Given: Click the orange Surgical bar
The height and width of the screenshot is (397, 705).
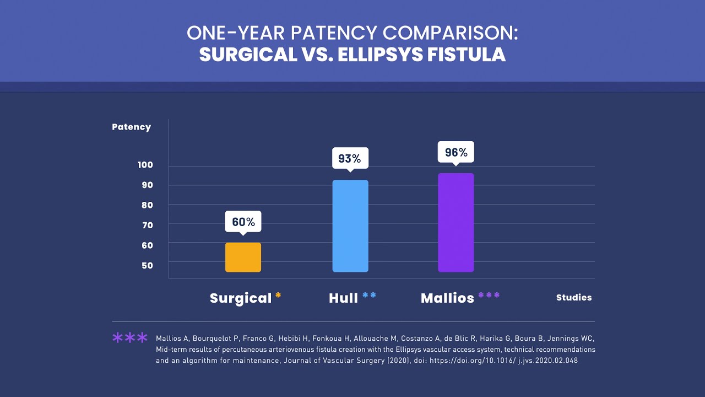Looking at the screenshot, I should pos(243,257).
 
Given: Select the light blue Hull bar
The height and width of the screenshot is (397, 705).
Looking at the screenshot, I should pos(350,226).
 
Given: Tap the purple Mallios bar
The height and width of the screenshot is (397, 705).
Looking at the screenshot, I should pos(455,223).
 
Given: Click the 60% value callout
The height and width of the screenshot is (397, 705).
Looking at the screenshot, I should pos(243,222).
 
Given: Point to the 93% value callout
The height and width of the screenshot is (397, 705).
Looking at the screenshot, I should pos(350,158).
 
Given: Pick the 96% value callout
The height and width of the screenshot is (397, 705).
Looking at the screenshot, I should pos(455,152).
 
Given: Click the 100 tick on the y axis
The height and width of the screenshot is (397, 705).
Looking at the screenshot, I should pos(145,165).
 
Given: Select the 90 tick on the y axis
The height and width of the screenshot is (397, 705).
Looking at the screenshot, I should pos(147,185).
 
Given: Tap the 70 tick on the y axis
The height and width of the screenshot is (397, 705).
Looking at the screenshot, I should pos(147,225).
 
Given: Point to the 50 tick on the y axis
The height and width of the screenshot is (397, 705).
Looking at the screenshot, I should pos(147,265).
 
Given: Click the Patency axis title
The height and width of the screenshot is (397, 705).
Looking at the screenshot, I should pos(131,127).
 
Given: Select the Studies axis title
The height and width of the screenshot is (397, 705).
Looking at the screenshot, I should pos(574,298).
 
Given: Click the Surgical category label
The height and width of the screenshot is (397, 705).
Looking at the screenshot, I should pos(241,298).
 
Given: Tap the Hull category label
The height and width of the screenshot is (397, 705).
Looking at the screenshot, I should pos(343,298).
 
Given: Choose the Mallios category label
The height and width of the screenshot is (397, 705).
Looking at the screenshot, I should pos(447,298).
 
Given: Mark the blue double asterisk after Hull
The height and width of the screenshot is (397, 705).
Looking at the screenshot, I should pos(369,296).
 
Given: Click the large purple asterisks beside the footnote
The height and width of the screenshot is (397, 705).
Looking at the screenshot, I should pos(130,337).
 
